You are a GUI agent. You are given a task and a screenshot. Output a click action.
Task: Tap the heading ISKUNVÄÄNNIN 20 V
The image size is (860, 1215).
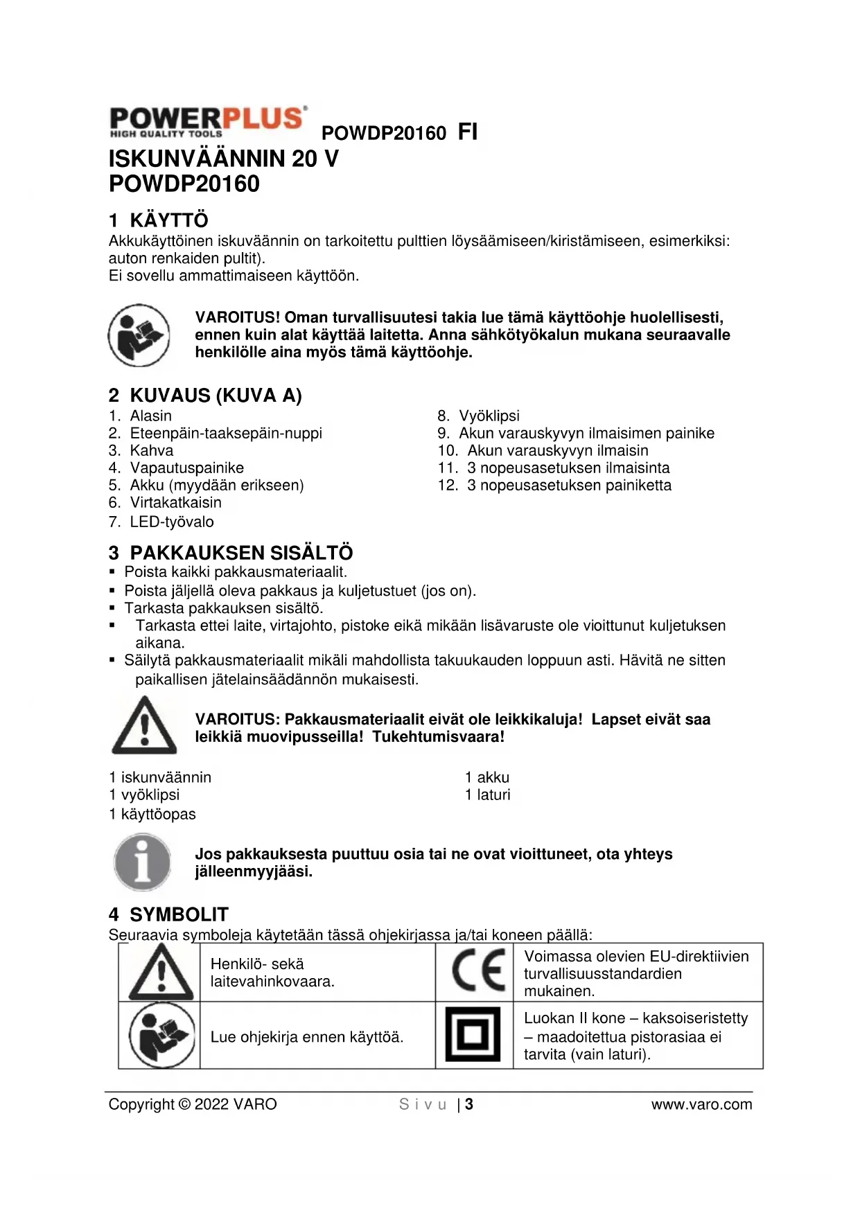coord(223,159)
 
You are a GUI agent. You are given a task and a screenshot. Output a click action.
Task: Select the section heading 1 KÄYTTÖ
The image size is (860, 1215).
coord(158,220)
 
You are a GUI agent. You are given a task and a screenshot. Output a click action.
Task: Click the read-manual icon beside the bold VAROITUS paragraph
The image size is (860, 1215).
coord(139,335)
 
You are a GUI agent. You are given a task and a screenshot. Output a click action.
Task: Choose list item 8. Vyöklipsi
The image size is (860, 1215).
coord(478,416)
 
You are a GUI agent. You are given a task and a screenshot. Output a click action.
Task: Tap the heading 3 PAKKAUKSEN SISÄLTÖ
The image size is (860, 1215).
coord(230,553)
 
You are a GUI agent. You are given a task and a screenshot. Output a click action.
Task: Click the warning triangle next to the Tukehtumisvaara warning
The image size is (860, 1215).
coord(144,726)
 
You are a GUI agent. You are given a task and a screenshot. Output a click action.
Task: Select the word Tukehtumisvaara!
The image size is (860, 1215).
coord(438,736)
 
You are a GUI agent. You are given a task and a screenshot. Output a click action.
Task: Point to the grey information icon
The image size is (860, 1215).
coord(143,862)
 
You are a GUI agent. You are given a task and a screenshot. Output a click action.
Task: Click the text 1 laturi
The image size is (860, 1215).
coord(487,795)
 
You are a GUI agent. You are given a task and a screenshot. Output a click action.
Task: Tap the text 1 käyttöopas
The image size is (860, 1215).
coord(152,814)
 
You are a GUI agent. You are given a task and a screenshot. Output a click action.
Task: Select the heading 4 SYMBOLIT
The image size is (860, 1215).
coord(168,914)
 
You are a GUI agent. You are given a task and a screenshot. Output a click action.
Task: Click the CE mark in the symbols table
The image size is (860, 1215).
coord(477,970)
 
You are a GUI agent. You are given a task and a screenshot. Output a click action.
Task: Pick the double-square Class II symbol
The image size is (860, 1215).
coord(473,1035)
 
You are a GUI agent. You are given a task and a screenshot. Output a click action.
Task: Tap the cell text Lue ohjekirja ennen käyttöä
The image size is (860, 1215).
coord(306,1037)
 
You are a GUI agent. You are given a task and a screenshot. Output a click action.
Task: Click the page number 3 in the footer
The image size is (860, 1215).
coord(469,1104)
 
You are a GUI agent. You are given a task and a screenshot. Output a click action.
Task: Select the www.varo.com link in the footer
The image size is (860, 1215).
coord(701,1104)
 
